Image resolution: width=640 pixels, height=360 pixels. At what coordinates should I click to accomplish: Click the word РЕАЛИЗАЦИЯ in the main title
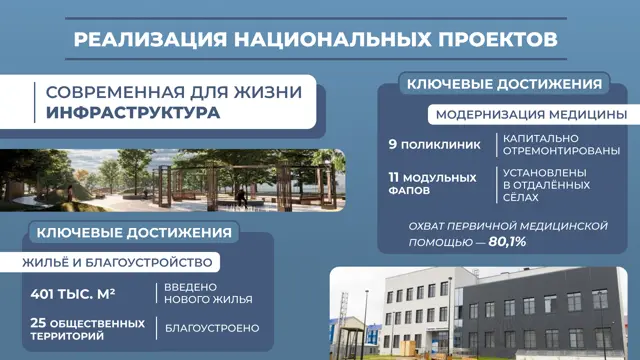tap(150, 40)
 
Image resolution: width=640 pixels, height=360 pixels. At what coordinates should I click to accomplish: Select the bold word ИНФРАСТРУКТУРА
tap(133, 113)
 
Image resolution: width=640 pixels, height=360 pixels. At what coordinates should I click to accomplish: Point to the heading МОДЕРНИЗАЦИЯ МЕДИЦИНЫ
tap(531, 115)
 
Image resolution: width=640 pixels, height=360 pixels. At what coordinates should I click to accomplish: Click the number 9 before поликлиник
tap(393, 144)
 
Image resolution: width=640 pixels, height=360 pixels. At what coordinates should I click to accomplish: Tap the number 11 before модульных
tap(393, 178)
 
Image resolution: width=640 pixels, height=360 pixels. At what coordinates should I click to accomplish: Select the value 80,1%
tap(507, 242)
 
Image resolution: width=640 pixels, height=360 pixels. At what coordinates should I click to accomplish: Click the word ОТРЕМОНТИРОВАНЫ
tap(561, 151)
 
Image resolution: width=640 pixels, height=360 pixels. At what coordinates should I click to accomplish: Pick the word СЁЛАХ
tap(520, 198)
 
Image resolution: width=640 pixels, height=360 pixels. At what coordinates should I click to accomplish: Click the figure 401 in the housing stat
tap(43, 294)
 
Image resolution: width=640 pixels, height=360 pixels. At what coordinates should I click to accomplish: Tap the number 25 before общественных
tap(38, 323)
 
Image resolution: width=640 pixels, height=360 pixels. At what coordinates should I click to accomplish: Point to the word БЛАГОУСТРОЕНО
tap(212, 328)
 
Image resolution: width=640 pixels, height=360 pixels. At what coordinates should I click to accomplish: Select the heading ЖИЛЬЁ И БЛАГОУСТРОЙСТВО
tap(117, 262)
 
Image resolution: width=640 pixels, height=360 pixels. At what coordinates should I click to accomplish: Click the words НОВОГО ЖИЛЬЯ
tap(208, 300)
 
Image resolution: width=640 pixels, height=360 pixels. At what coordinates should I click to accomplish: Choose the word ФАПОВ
tap(409, 191)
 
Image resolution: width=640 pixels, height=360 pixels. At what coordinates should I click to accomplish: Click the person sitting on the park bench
tap(242, 198)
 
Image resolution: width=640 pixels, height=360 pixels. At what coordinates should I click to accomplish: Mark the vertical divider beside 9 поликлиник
tap(497, 145)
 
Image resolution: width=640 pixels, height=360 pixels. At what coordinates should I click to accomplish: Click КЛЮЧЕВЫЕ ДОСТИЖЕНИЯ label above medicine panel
tap(504, 84)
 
